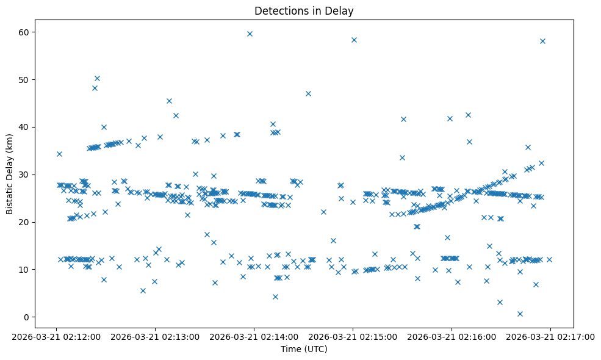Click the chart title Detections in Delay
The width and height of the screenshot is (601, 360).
(x=304, y=10)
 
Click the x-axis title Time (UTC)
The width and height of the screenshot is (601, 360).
(x=304, y=349)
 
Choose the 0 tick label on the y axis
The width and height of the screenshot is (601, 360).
(x=27, y=317)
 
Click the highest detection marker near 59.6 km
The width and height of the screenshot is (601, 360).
(x=250, y=34)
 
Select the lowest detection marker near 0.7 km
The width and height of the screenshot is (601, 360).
(x=520, y=314)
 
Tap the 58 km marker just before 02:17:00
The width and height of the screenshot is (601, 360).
(x=542, y=41)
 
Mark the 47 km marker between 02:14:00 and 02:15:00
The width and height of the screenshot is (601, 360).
(x=308, y=93)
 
